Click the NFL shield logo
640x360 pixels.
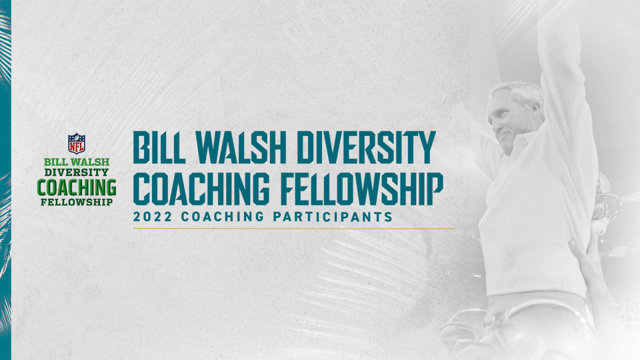coord(76,143)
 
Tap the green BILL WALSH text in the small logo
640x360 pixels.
coord(76,162)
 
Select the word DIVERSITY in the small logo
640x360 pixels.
coord(76,172)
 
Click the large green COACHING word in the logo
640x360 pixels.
coord(76,187)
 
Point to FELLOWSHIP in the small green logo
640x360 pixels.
coord(76,202)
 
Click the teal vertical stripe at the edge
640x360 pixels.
coord(5,200)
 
